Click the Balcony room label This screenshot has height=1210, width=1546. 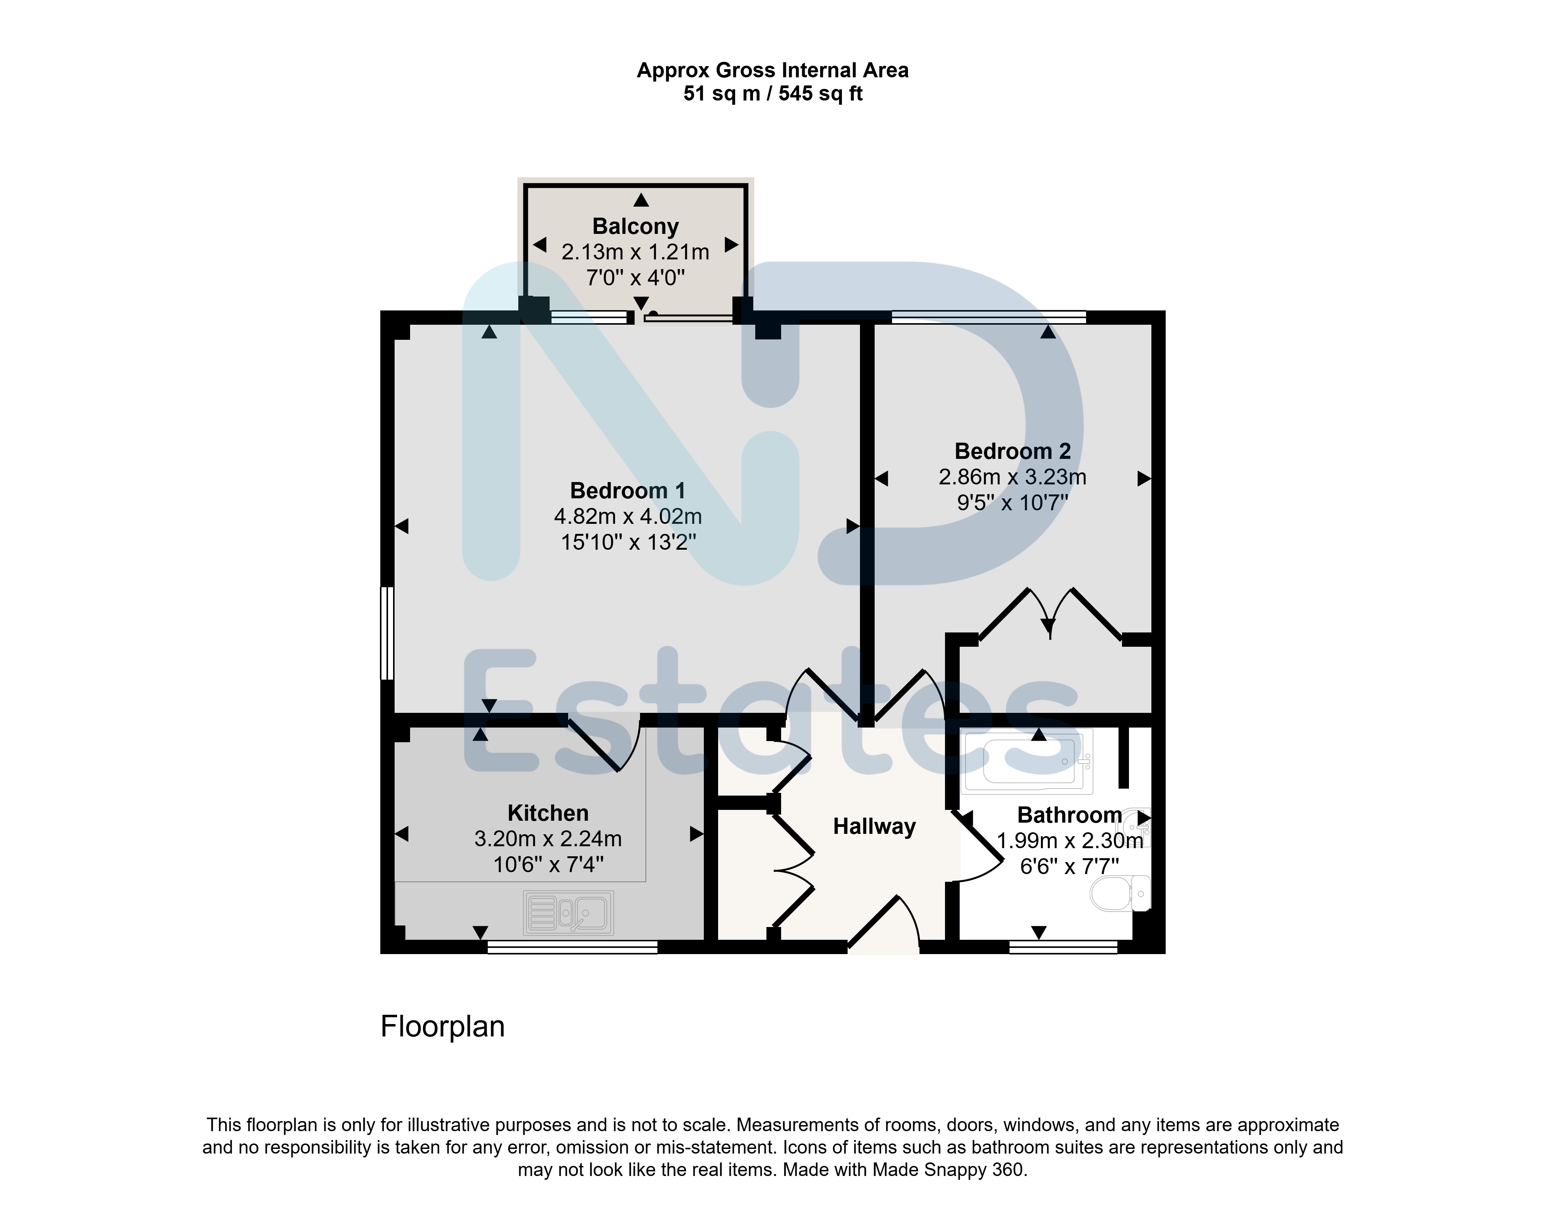pyautogui.click(x=635, y=226)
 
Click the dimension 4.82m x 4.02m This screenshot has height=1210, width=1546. pyautogui.click(x=627, y=516)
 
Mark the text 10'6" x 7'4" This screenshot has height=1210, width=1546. pyautogui.click(x=548, y=864)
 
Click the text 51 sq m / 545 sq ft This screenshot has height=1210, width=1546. pyautogui.click(x=773, y=94)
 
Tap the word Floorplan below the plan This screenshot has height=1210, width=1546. pyautogui.click(x=443, y=1026)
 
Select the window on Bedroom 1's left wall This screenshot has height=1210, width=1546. pyautogui.click(x=386, y=632)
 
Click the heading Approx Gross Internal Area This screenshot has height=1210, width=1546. pyautogui.click(x=773, y=70)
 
